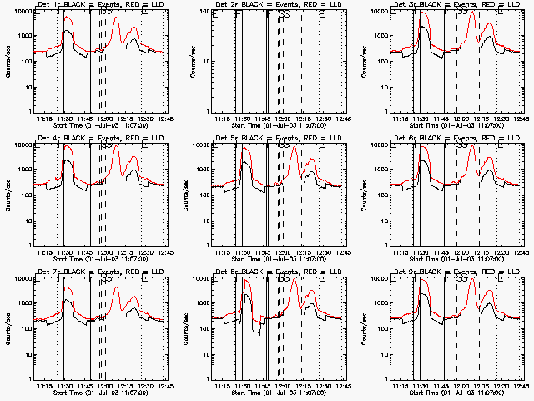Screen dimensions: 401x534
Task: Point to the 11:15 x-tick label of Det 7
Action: pos(45,385)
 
